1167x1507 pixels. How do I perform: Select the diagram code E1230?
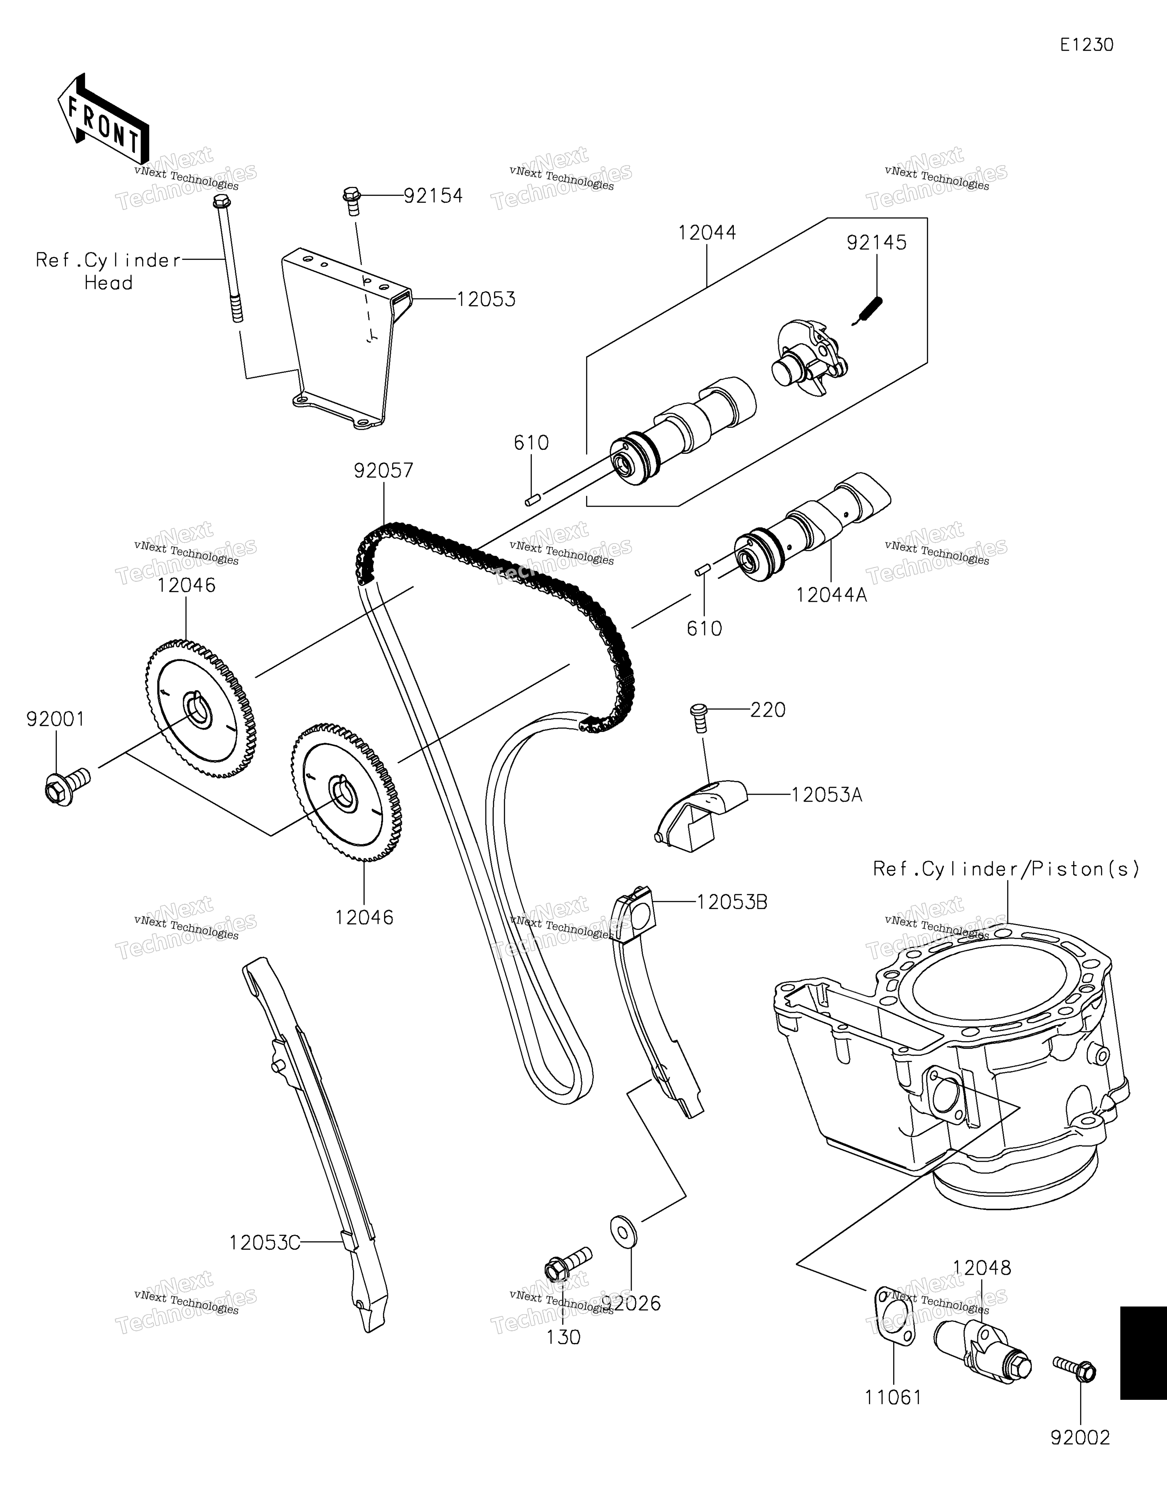click(x=1087, y=46)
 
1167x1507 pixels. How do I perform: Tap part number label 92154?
click(x=433, y=196)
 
